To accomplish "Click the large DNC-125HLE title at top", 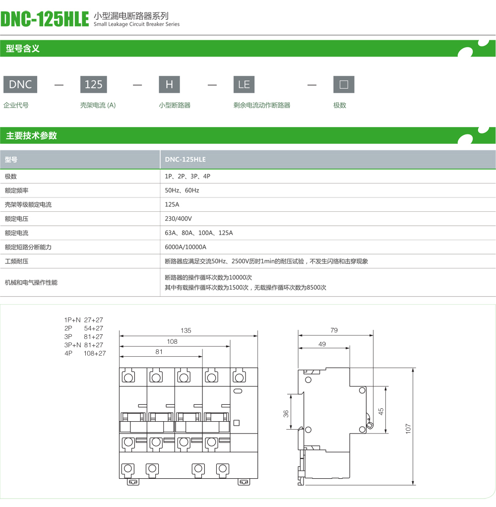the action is (45, 19).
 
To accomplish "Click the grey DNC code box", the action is (20, 84).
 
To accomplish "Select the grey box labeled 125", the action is (93, 84).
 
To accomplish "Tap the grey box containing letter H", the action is (169, 84).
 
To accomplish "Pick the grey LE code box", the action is (244, 84).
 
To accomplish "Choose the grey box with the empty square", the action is (344, 84).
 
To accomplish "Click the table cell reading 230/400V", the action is (178, 219).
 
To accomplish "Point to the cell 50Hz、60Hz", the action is (182, 190).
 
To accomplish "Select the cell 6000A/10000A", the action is (186, 247).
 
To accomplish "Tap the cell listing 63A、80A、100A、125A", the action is (198, 233).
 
